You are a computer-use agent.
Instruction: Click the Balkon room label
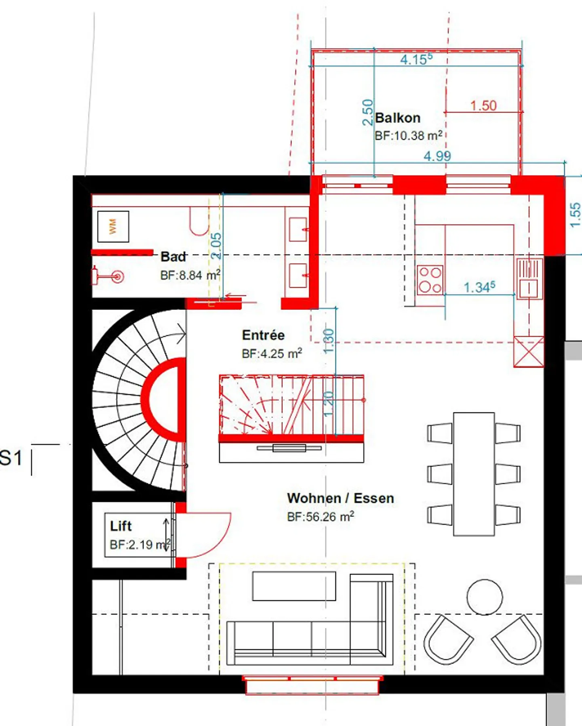point(398,118)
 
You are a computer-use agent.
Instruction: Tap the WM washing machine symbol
point(113,227)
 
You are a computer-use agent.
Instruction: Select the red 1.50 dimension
point(483,106)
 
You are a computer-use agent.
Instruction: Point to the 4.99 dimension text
point(437,156)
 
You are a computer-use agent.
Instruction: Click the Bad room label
point(173,257)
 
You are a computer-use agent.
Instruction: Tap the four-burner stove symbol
point(430,280)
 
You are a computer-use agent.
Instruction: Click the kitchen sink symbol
point(529,278)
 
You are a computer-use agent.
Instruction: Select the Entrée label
point(263,335)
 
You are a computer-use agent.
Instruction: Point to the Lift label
point(120,526)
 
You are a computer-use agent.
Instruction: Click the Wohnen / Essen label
point(340,498)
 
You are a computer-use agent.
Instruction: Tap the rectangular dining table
point(474,474)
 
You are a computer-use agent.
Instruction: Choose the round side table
point(485,597)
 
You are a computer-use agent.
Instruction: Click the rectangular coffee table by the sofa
point(294,586)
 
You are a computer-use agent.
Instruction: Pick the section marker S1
point(11,458)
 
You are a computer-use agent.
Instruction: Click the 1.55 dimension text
point(575,215)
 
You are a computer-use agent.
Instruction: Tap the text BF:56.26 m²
point(321,516)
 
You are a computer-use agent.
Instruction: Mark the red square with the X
point(529,351)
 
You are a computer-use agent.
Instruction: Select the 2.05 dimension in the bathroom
point(216,246)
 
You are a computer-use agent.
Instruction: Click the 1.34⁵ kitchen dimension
point(479,287)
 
